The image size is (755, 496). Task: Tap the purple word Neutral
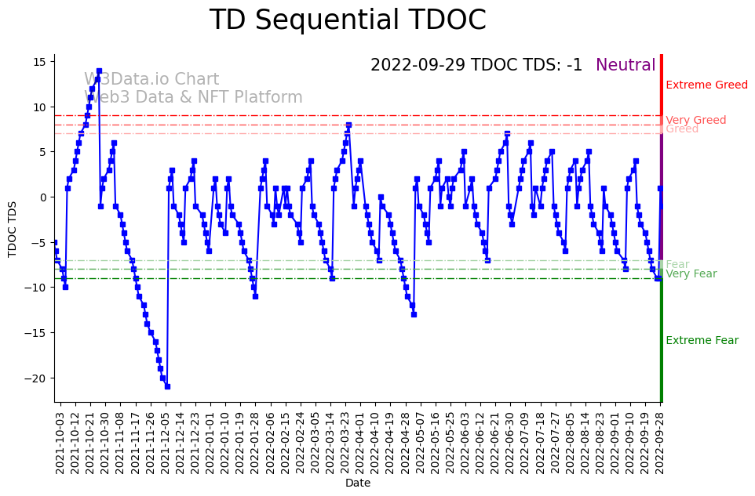626,66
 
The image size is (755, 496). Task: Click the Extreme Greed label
706,85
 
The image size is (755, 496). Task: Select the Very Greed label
695,121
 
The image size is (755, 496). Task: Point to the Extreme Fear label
702,341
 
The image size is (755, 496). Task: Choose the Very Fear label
691,274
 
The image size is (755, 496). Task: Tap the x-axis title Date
358,483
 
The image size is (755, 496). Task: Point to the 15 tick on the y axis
40,62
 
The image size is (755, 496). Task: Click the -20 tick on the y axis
37,378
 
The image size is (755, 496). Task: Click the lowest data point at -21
167,386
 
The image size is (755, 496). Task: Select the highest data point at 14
99,71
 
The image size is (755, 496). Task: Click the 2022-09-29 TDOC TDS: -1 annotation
476,66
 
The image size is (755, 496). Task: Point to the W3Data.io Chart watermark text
151,80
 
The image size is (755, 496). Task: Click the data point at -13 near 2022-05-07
414,314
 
